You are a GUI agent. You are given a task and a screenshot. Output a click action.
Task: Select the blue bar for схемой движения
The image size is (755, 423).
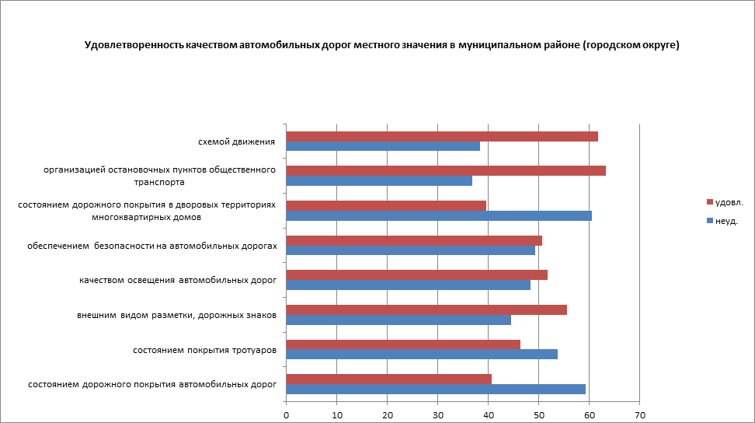click(x=383, y=146)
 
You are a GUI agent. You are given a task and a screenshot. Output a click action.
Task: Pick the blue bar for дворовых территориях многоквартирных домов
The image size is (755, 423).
click(x=439, y=215)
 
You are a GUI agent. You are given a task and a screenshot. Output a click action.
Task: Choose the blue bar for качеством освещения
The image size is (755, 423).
click(x=408, y=285)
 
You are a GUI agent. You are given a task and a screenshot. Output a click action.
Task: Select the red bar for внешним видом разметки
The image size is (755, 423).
click(x=426, y=309)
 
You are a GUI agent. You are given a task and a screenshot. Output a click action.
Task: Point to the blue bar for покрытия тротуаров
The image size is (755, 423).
click(x=422, y=355)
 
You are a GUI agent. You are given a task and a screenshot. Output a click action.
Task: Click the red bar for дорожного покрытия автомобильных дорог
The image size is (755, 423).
click(x=388, y=379)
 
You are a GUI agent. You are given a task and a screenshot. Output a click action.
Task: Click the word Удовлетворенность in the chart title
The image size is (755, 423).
click(x=133, y=45)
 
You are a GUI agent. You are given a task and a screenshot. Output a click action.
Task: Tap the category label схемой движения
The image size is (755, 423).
click(x=237, y=142)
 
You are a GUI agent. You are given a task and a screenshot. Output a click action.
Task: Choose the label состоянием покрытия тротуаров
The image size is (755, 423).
click(x=205, y=350)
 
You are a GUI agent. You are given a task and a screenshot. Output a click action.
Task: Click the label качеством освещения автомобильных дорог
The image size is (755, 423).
click(x=178, y=280)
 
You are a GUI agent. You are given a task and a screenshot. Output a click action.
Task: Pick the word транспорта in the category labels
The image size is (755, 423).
click(x=158, y=182)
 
